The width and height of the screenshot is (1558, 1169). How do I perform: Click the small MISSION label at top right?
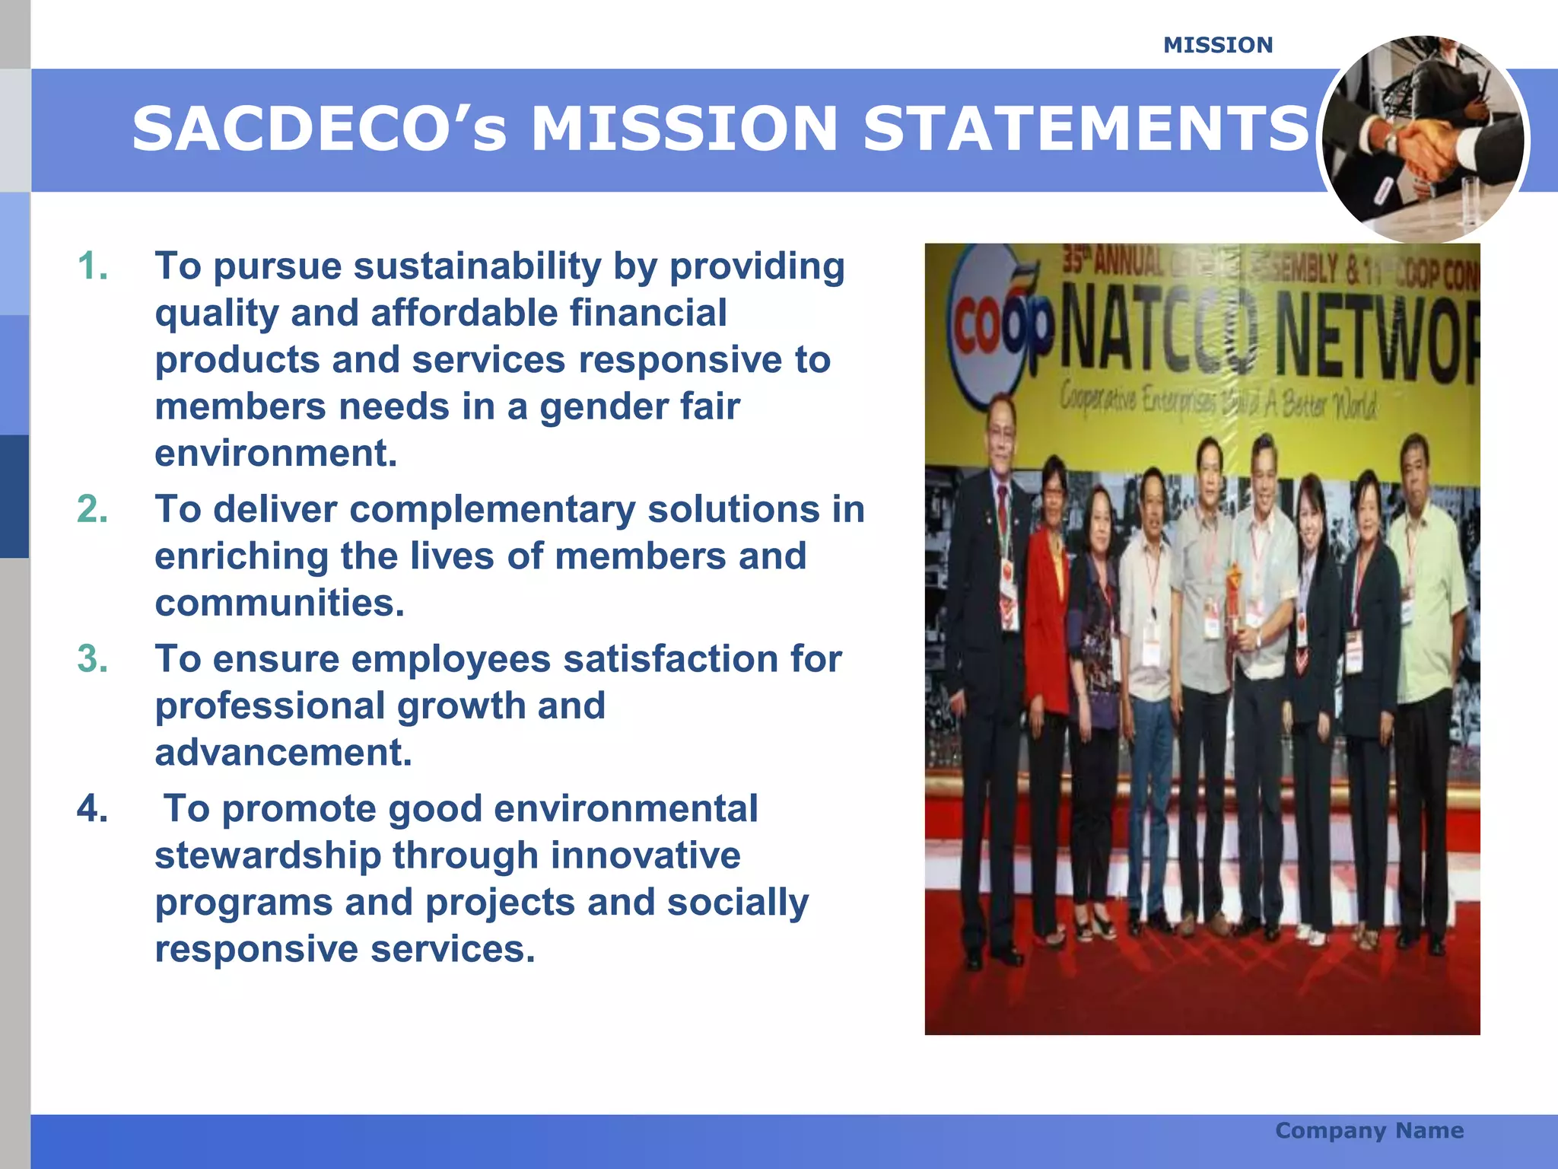(x=1217, y=46)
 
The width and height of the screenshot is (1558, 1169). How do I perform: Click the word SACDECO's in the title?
(x=319, y=129)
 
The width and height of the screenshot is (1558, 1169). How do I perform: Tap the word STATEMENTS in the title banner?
(x=1086, y=129)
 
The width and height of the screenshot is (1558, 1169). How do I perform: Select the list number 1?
(x=93, y=266)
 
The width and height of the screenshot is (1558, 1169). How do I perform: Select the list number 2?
(x=93, y=509)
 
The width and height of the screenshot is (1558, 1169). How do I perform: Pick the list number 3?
(x=93, y=659)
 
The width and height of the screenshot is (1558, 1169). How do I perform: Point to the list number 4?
(x=93, y=809)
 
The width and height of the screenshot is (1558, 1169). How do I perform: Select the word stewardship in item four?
(x=268, y=855)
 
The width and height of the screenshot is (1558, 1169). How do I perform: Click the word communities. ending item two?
(x=279, y=604)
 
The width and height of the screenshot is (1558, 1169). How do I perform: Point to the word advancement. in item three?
(x=283, y=753)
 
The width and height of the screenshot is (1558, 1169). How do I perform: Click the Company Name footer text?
(x=1369, y=1130)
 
